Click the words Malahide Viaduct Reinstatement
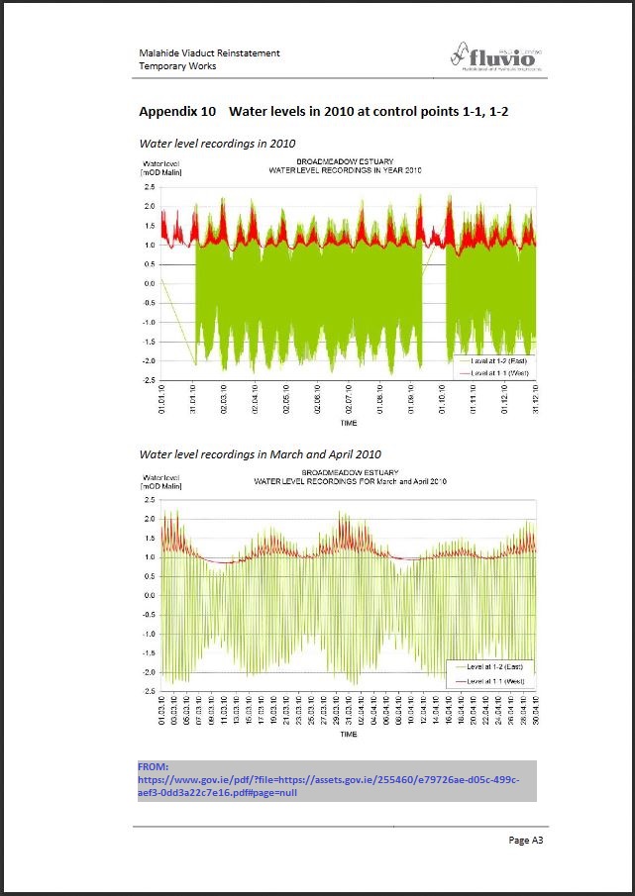pos(209,52)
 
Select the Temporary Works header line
pos(177,66)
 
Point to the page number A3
pos(526,840)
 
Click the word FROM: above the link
pos(154,766)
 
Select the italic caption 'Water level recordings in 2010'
pos(217,144)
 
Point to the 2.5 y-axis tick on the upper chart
pos(149,186)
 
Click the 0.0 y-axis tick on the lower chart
pos(149,596)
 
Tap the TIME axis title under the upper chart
pos(349,423)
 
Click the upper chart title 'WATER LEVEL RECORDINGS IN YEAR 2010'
pos(346,170)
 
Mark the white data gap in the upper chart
pos(434,307)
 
